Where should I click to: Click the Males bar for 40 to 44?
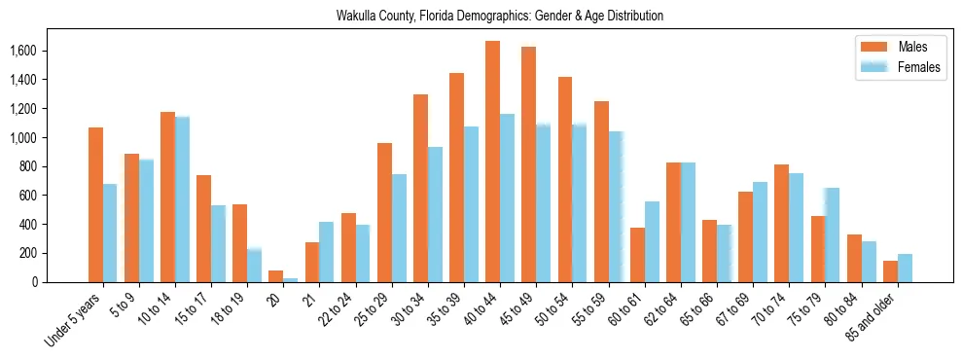[492, 162]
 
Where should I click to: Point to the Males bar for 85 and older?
[890, 271]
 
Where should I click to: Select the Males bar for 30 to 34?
[420, 188]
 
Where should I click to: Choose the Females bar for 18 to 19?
[254, 265]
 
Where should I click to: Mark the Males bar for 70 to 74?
[781, 223]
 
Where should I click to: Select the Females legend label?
[919, 67]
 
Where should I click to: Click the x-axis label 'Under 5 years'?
[74, 318]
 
